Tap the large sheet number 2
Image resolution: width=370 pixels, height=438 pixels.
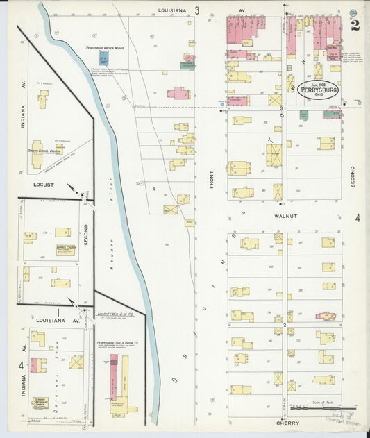(x=355, y=26)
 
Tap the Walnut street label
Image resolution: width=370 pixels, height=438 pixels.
(x=285, y=217)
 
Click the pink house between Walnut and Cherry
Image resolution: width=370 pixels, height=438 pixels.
(x=325, y=316)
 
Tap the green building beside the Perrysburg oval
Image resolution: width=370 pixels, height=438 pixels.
(x=303, y=115)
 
